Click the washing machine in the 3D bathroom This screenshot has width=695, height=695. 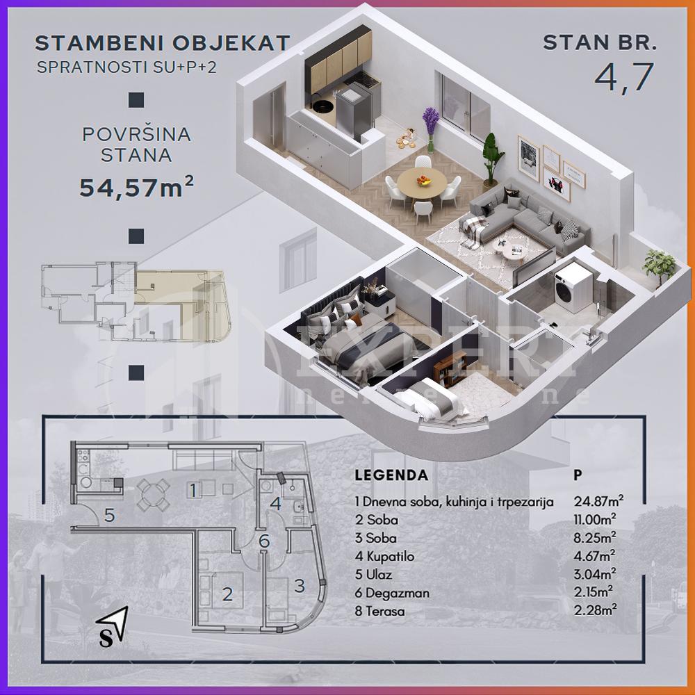pyautogui.click(x=573, y=286)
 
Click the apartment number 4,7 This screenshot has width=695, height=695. pyautogui.click(x=624, y=77)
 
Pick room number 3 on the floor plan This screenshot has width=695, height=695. pyautogui.click(x=300, y=585)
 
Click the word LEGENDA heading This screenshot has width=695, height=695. pyautogui.click(x=391, y=476)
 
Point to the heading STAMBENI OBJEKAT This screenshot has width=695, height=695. pyautogui.click(x=162, y=43)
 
